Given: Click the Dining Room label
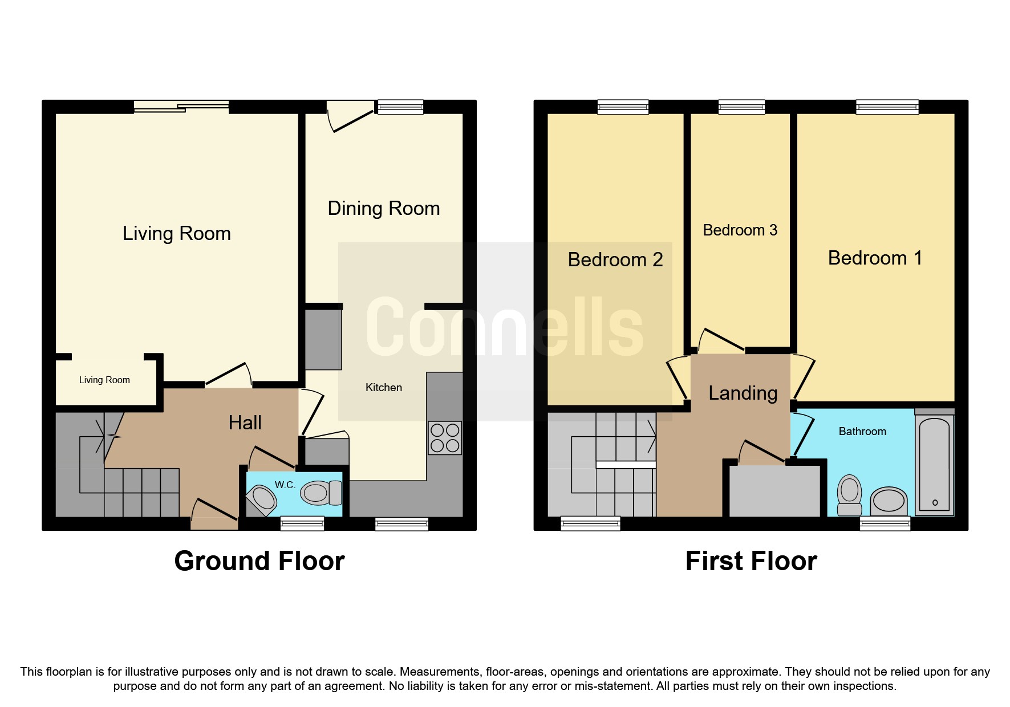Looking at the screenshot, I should [383, 209].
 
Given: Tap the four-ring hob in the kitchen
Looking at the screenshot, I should [445, 438].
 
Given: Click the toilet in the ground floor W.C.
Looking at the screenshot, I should [321, 493].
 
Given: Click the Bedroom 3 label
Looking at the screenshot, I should [740, 230].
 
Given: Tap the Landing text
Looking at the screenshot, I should [743, 393].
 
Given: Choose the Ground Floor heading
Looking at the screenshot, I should [259, 561].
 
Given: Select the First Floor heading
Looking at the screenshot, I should [751, 561].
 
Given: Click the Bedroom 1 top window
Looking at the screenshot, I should [887, 107].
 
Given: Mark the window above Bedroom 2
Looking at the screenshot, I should [623, 107].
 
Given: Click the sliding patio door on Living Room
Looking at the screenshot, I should [181, 107].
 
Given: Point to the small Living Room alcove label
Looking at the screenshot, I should [104, 380].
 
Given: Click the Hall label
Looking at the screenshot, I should [245, 423].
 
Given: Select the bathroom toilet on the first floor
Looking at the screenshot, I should [849, 494].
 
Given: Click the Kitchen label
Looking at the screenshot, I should [383, 388].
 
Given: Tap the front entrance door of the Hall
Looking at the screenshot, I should [214, 513].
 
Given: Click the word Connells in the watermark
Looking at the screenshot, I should [504, 328].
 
